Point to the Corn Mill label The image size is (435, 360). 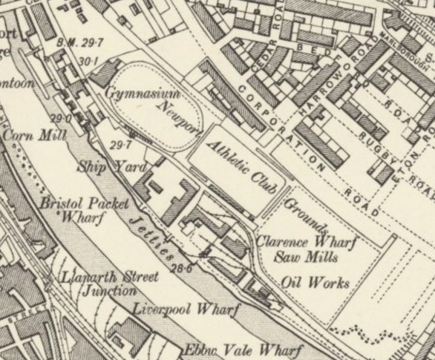point(35,136)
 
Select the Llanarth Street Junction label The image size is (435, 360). point(108,284)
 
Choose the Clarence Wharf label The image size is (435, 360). point(307,242)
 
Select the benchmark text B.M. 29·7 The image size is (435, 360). point(79,44)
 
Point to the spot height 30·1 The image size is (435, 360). point(88,61)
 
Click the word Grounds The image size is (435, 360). point(305,215)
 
